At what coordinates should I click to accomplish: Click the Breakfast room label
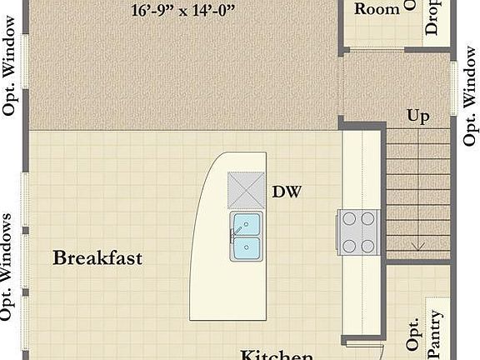click(x=97, y=257)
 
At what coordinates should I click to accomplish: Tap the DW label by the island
click(x=286, y=192)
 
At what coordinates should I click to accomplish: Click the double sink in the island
click(x=247, y=235)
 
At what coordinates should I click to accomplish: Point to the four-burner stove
click(x=358, y=232)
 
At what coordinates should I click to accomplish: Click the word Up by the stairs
click(x=418, y=116)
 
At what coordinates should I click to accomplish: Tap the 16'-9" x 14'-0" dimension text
click(x=183, y=11)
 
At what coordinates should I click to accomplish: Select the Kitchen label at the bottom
click(x=277, y=355)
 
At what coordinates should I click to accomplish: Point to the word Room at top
click(x=377, y=9)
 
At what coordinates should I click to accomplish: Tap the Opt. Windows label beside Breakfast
click(x=7, y=267)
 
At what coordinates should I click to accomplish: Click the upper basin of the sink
click(x=247, y=223)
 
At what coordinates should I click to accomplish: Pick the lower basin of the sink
click(x=247, y=247)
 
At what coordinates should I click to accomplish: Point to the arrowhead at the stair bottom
click(x=418, y=247)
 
